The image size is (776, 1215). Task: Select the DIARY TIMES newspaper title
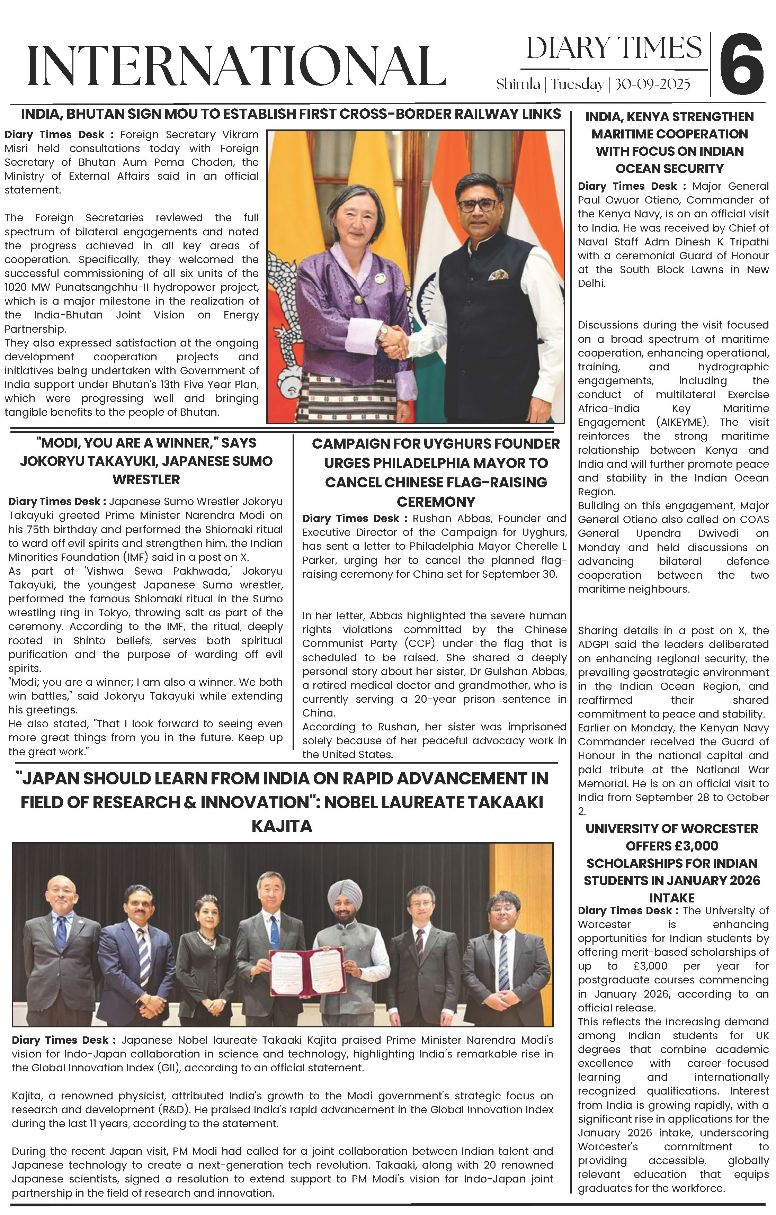point(614,48)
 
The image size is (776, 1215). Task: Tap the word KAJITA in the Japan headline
point(282,826)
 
